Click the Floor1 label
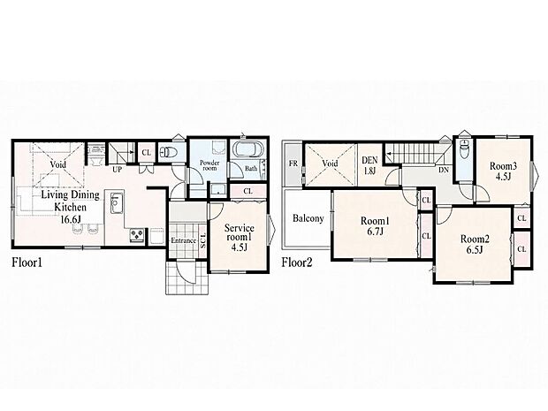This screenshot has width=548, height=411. click(27, 263)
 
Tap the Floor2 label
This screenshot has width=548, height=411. click(297, 263)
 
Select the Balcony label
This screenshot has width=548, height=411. click(308, 218)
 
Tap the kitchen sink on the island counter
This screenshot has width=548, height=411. click(117, 202)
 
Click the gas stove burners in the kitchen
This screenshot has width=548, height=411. click(137, 234)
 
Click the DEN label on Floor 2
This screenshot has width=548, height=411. click(369, 160)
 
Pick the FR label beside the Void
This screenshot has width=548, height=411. click(293, 164)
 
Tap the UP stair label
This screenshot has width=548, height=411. click(117, 170)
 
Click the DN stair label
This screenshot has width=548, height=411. click(444, 171)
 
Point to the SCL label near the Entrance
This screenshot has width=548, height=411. click(202, 240)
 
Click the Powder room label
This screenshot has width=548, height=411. click(209, 165)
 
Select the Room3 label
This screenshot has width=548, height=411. click(503, 165)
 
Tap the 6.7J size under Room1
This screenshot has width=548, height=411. click(375, 231)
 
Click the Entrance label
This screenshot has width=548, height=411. click(183, 240)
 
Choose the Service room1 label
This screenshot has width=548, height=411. click(239, 232)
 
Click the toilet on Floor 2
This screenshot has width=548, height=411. click(464, 148)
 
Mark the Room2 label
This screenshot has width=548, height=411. click(475, 239)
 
